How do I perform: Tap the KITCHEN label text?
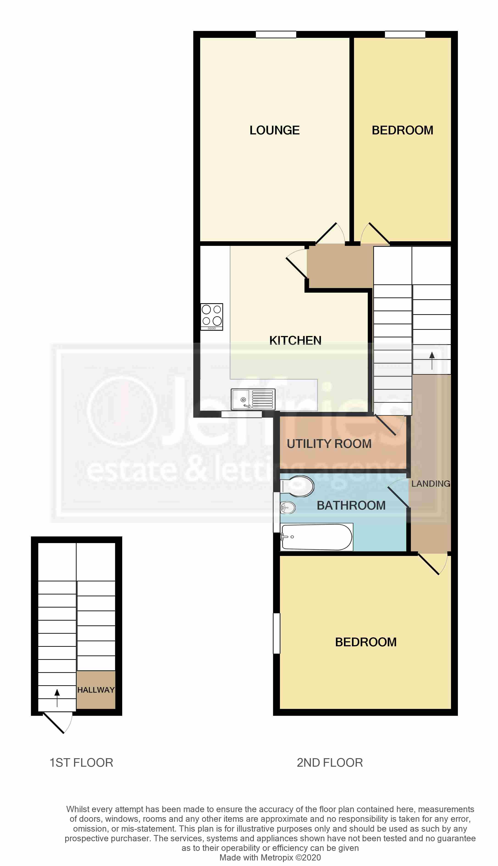point(295,340)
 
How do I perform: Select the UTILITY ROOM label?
point(329,444)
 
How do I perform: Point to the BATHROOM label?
point(351,505)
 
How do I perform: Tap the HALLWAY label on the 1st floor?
point(96,690)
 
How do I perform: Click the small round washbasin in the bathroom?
point(288,508)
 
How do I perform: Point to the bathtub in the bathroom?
point(316,537)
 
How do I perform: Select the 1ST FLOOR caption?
point(81,762)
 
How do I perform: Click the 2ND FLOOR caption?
point(330,762)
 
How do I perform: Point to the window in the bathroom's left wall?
point(276,512)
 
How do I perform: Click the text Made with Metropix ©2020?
point(270,858)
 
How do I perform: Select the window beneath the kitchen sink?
point(241,414)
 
